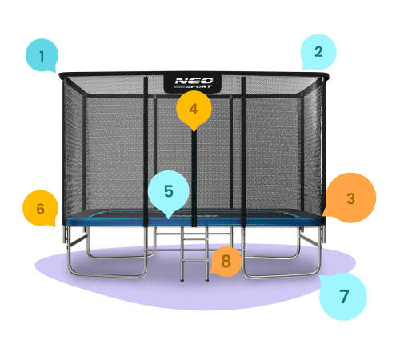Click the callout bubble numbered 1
pos(42,55)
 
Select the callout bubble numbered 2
pos(318,52)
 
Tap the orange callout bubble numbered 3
pos(350,198)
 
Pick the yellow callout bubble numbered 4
pos(194,108)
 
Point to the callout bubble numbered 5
pos(169,190)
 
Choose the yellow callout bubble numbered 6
pos(41,208)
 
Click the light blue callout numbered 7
pos(343,296)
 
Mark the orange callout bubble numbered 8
pos(226,262)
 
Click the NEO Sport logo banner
pos(193,83)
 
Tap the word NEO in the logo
pos(194,81)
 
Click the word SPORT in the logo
pos(198,86)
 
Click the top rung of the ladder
pos(194,231)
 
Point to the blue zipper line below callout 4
pos(194,178)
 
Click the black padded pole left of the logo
pos(146,152)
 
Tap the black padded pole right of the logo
pos(243,152)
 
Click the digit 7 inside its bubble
pos(344,296)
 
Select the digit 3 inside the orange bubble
pos(350,198)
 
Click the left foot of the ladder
pos(182,280)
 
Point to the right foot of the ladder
pos(206,280)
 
